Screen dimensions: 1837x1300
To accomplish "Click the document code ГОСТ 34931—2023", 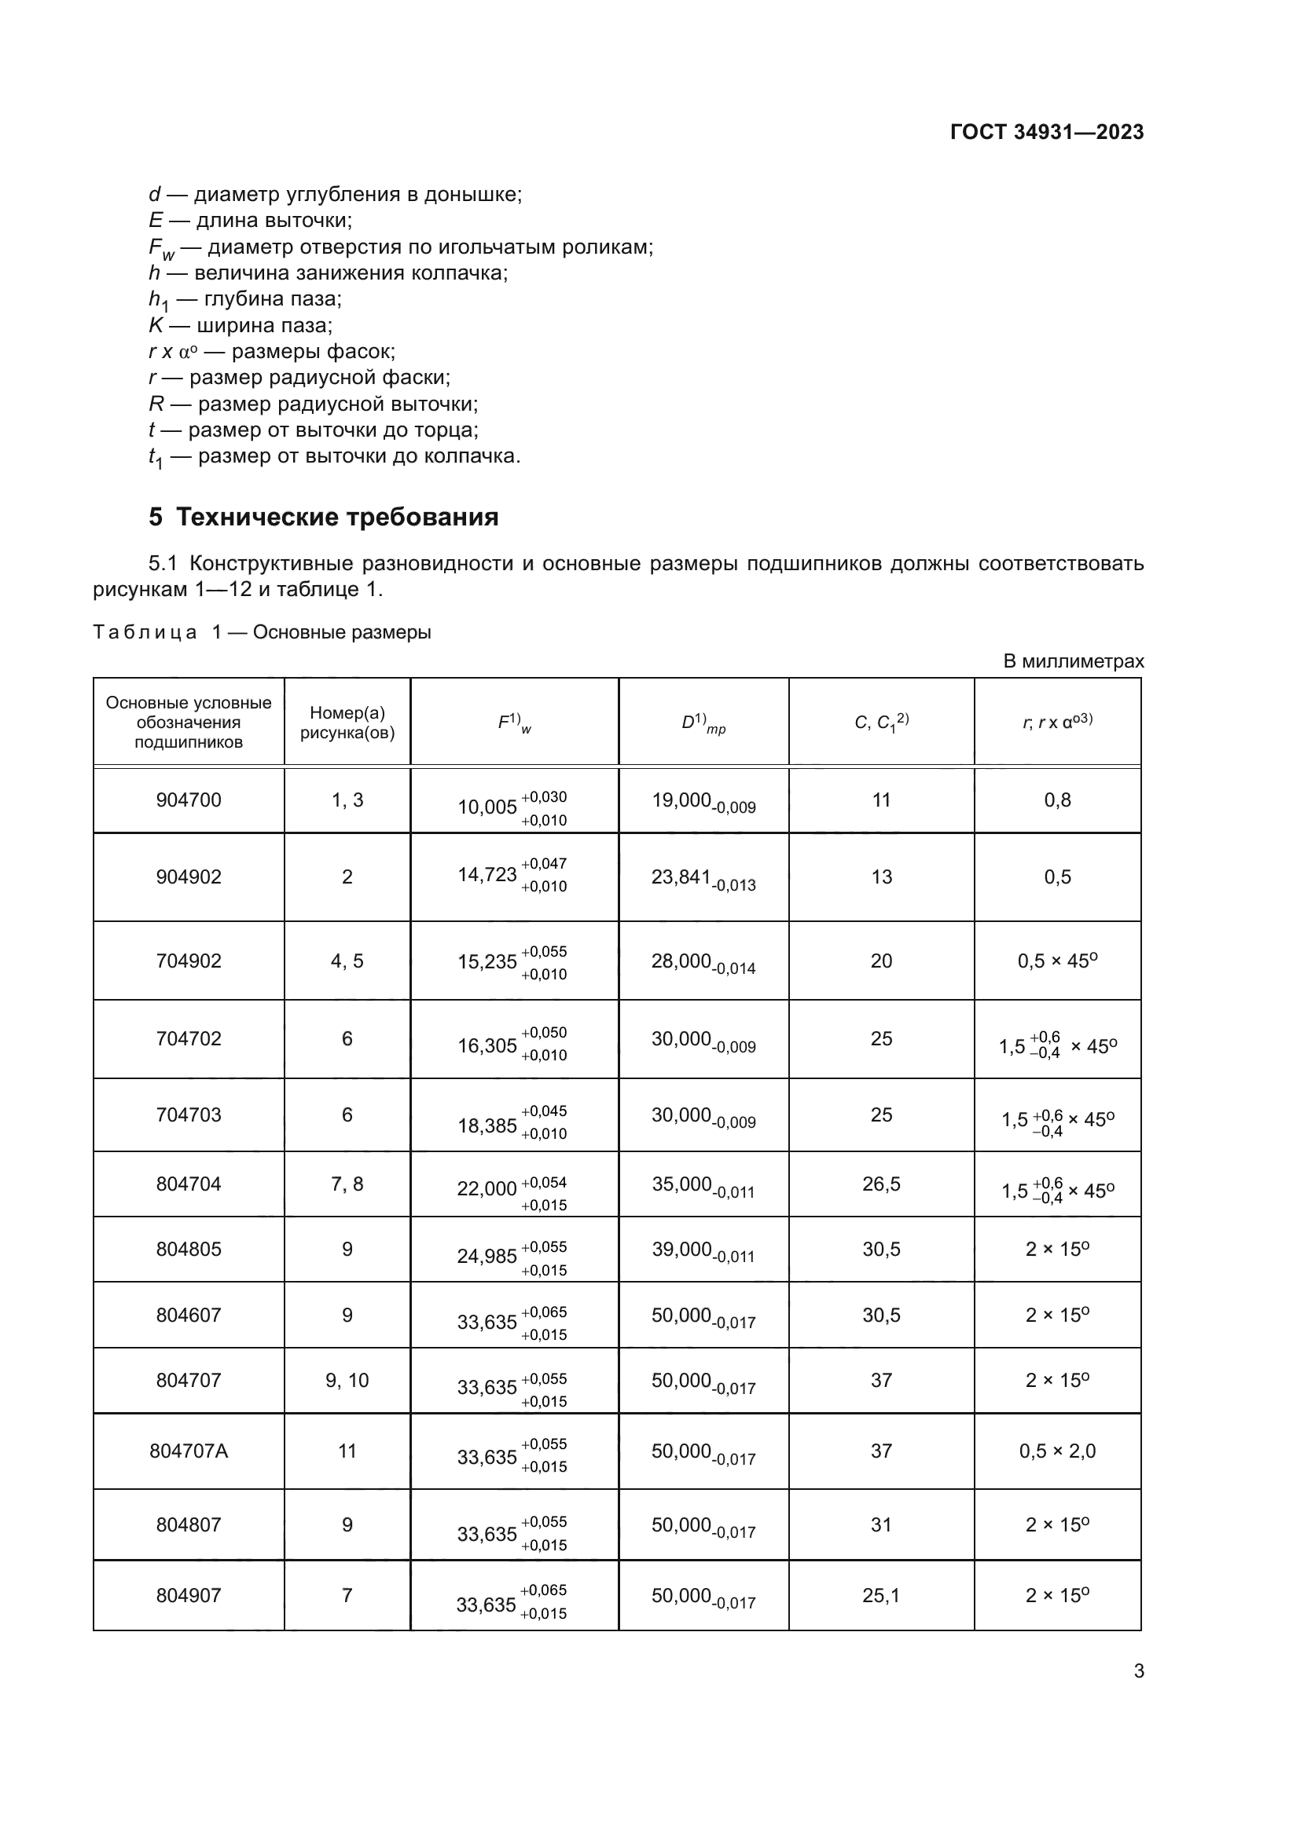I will tap(1046, 132).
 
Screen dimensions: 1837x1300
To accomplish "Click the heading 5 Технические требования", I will tap(323, 517).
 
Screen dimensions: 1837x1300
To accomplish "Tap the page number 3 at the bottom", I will tap(1138, 1670).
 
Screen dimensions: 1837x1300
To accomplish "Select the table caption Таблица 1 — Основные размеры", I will tap(262, 632).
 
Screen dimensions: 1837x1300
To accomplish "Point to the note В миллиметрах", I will tap(1073, 661).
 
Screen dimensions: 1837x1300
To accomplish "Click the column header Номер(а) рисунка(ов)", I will tap(347, 723).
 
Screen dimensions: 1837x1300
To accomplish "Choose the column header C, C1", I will tap(880, 723).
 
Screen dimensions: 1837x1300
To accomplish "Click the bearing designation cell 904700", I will tap(189, 800).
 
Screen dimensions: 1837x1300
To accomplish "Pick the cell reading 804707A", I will tap(189, 1451).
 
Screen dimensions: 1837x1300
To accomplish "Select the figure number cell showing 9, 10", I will tap(347, 1380).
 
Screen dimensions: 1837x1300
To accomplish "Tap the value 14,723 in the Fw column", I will tap(487, 874).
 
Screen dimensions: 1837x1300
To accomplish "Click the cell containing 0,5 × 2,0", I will tap(1056, 1451).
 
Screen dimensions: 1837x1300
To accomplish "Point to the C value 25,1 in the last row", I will tap(880, 1595).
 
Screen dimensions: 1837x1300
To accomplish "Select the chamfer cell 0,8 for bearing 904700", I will tap(1056, 800).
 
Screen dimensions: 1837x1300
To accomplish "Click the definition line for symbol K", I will tap(241, 326).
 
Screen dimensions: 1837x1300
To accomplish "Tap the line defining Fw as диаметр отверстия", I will tap(400, 247).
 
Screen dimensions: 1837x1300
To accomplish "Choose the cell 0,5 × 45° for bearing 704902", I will tap(1056, 961).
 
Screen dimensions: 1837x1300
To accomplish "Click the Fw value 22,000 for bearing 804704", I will tap(487, 1189).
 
